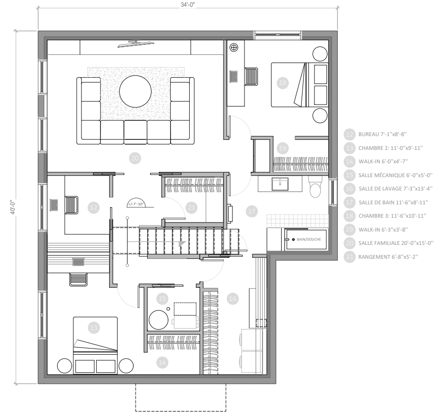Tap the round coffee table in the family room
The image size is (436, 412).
(x=135, y=92)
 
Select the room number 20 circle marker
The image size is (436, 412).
(x=134, y=158)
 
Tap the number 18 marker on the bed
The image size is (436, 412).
(x=283, y=83)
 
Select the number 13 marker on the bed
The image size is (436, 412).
(x=94, y=327)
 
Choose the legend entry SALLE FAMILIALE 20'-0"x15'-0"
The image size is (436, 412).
(x=395, y=243)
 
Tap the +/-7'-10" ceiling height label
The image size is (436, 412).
(x=136, y=204)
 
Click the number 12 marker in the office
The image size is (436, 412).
(x=94, y=207)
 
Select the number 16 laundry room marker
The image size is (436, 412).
(x=232, y=299)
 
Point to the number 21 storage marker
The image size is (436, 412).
(x=192, y=207)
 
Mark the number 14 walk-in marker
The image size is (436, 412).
(x=162, y=363)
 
